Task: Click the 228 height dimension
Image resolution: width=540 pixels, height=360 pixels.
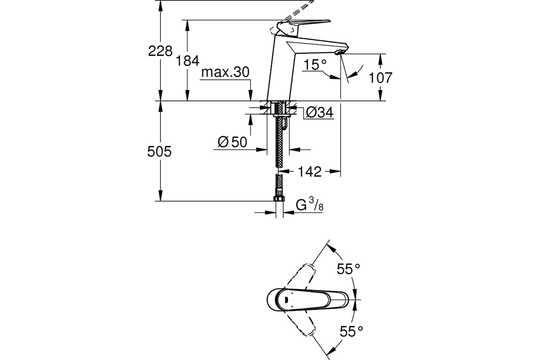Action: pos(160,51)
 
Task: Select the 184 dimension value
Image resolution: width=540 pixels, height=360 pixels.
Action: pos(188,61)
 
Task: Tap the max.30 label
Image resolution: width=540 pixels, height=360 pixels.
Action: pos(225,72)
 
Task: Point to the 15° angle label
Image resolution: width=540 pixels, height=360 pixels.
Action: pos(315,64)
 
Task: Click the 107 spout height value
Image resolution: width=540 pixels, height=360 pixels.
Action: pos(380,78)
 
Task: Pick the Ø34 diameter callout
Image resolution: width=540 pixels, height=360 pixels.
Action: pos(319,112)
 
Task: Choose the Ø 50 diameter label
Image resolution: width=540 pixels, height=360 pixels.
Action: pos(232,142)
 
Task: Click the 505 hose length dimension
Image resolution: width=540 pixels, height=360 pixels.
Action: pos(159,152)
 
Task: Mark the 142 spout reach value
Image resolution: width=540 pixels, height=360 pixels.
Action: pos(310,172)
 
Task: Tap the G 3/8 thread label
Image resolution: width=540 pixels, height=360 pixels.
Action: pos(310,204)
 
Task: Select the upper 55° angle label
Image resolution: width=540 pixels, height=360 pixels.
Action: pos(348,269)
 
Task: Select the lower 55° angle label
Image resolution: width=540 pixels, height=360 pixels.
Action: pos(351,331)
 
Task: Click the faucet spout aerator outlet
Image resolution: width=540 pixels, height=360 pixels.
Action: pos(339,52)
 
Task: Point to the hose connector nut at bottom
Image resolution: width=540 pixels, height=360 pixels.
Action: pos(279,198)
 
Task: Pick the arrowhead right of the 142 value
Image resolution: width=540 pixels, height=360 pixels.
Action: pos(335,171)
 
